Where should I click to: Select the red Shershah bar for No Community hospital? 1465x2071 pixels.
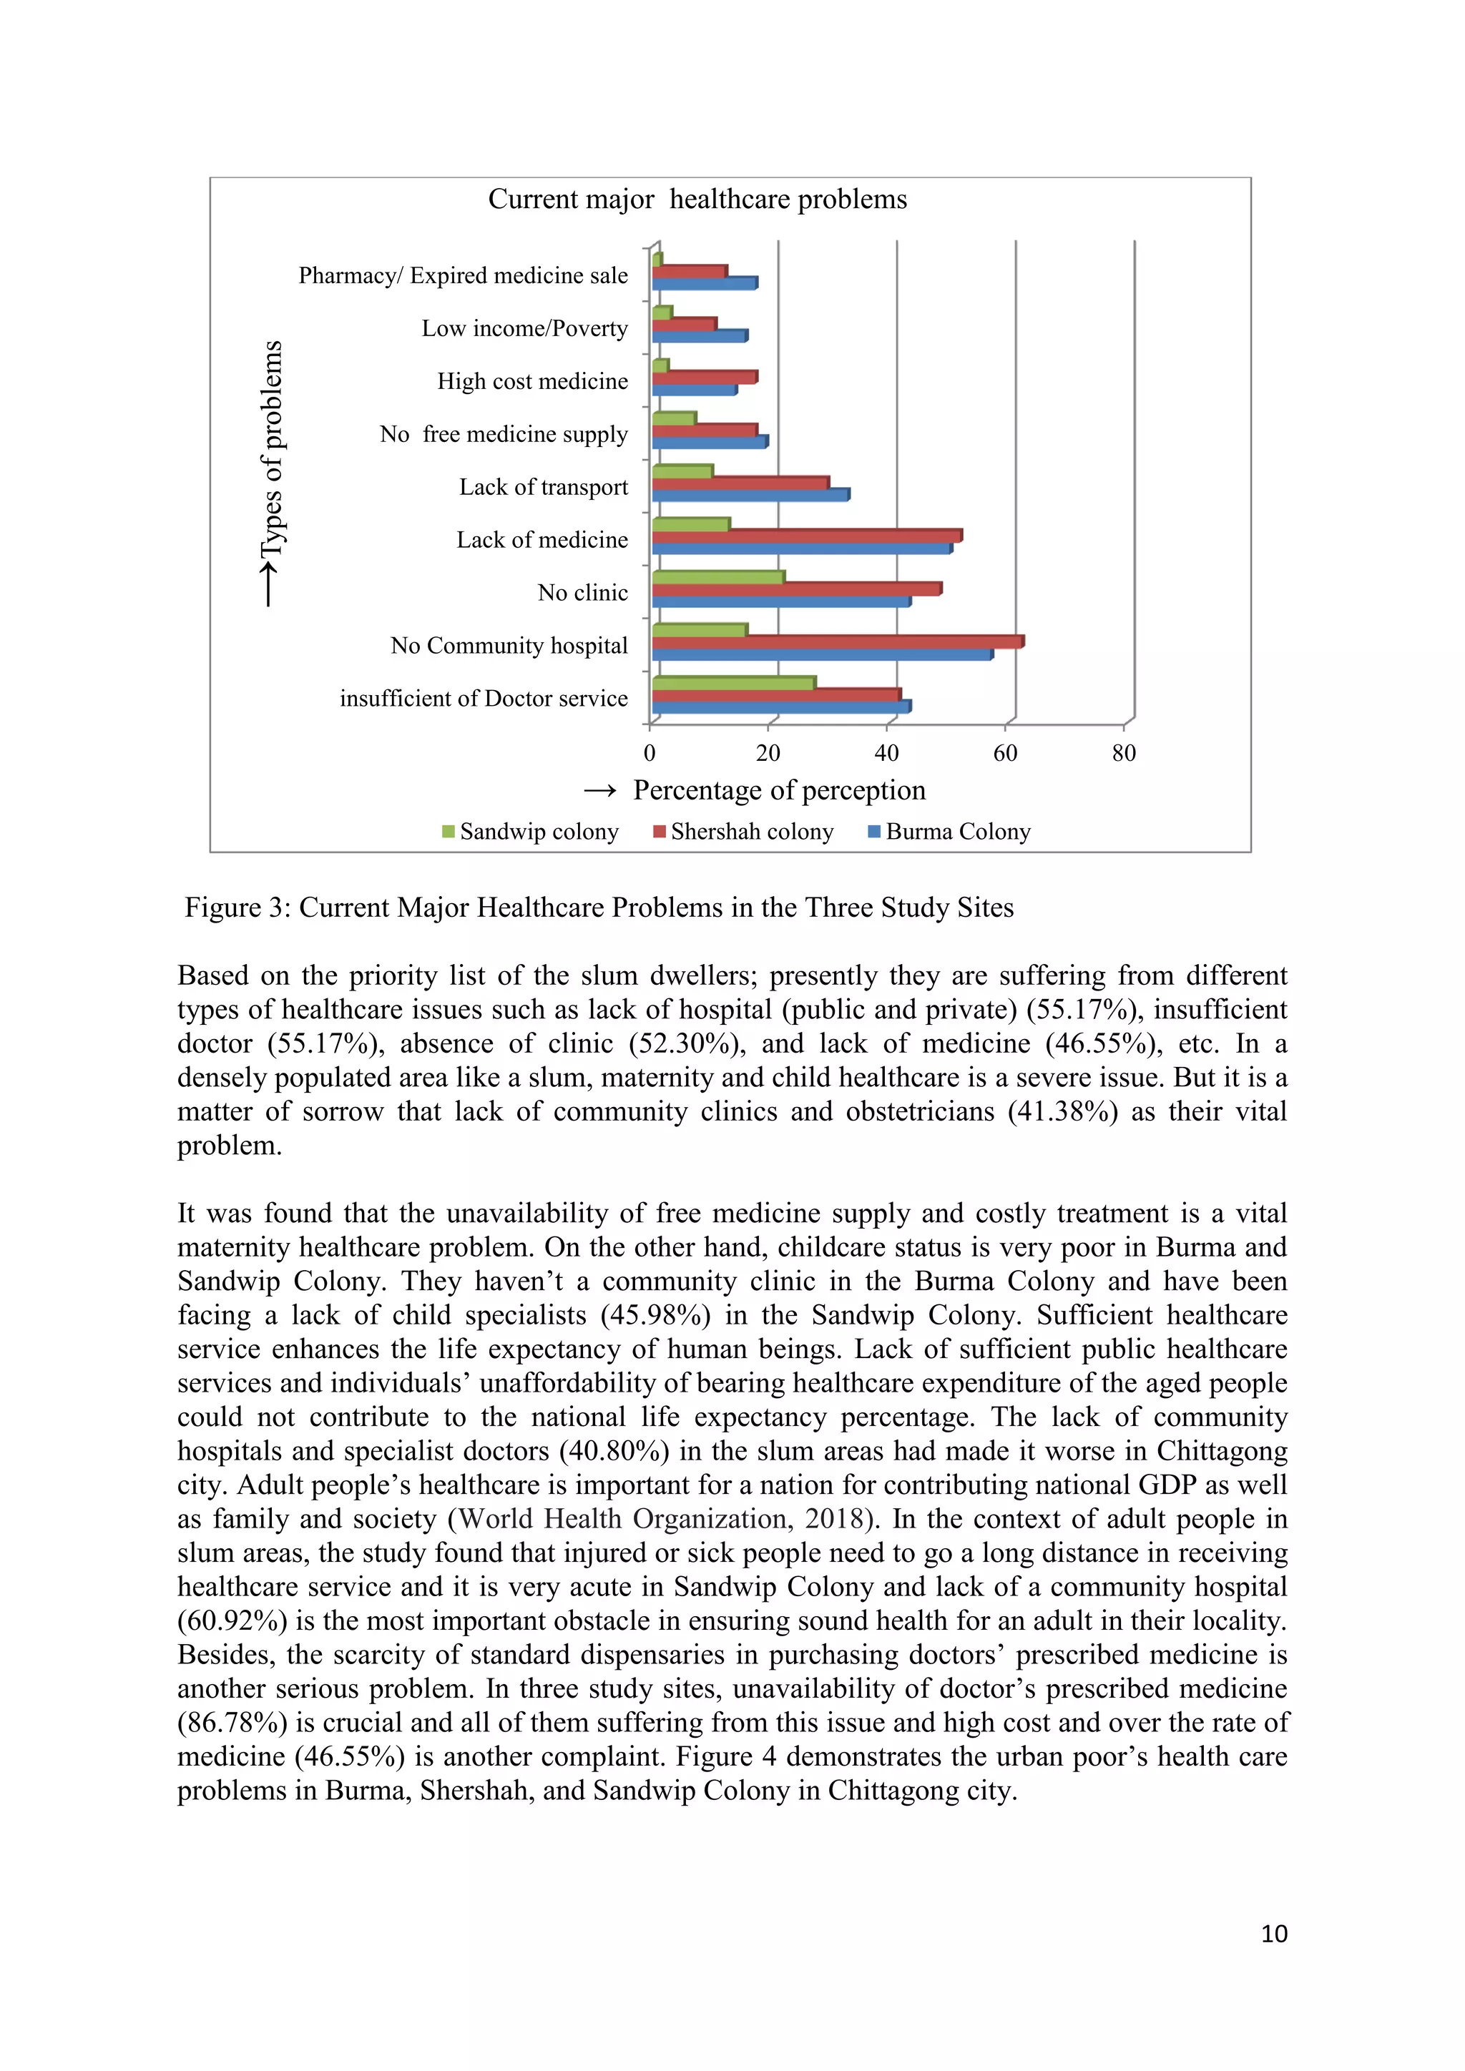click(837, 642)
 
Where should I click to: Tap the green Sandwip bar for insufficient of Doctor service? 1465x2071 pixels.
click(732, 683)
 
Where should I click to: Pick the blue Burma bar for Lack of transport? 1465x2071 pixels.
click(750, 495)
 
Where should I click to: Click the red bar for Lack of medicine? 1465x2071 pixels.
click(806, 536)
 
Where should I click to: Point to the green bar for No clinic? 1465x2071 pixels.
click(717, 577)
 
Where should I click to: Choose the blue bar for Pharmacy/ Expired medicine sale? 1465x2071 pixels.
click(704, 284)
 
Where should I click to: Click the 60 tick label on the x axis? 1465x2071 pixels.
click(1005, 753)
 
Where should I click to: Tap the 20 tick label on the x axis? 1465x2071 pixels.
click(768, 753)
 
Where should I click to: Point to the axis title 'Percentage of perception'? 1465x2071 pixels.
click(778, 790)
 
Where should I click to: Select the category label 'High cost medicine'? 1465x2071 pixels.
click(532, 382)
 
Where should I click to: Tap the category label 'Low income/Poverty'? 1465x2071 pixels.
click(524, 328)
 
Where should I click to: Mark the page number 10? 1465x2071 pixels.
click(1273, 1933)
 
